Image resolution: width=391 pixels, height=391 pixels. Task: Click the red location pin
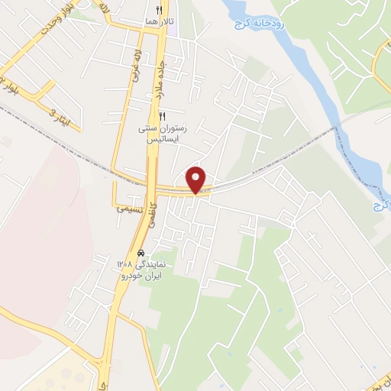coord(197,179)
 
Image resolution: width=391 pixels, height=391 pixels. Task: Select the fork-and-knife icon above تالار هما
coord(159,10)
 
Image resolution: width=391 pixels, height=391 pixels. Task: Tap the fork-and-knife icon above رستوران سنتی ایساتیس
coord(162,115)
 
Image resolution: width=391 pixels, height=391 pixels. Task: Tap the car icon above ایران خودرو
coord(141,253)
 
